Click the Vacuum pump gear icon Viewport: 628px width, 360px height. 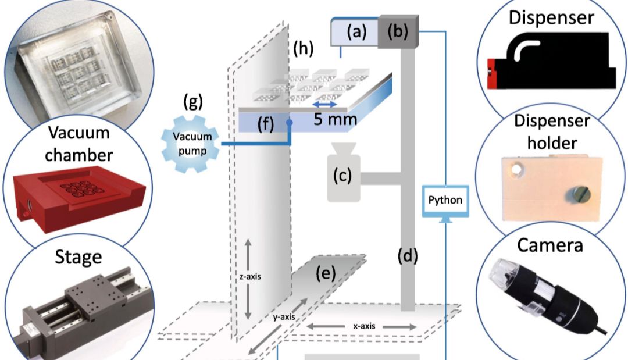191,144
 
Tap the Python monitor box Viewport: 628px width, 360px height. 445,201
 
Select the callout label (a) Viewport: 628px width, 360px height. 356,31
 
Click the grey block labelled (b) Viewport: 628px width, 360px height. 398,32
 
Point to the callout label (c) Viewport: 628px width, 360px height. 342,176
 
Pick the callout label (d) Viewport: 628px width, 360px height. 408,255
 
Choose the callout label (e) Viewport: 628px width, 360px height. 326,273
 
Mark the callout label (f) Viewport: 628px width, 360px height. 266,124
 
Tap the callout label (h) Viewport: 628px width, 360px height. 303,48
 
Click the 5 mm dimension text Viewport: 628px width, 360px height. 336,119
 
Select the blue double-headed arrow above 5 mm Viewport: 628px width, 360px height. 325,105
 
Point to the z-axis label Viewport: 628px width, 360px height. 250,276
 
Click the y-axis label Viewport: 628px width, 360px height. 284,317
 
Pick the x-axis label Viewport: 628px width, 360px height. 364,326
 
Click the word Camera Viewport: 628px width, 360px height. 550,245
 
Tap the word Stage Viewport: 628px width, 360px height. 78,257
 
